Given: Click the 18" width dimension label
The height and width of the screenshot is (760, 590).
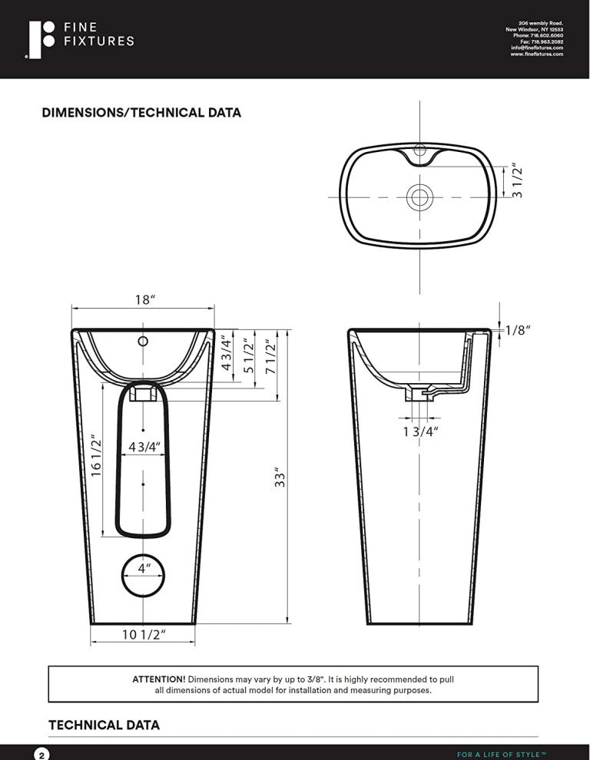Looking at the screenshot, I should pos(143,300).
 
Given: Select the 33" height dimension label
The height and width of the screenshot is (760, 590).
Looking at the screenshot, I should pos(281,477).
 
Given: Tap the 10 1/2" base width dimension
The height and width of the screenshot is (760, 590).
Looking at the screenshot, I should pos(144,634).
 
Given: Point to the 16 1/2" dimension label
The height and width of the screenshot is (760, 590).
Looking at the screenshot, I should pos(96,456).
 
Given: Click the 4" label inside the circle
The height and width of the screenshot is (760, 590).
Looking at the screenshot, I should pos(143,569).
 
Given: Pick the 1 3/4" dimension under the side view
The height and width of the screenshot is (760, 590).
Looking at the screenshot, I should pos(420,431).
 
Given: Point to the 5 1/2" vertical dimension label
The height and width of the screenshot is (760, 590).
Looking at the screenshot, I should pos(247,355).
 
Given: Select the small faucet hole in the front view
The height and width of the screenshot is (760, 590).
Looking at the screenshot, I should pos(143,340).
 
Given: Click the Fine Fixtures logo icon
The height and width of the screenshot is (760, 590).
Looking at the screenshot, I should pos(41,40).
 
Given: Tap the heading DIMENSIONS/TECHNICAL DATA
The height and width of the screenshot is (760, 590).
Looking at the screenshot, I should pos(141,113).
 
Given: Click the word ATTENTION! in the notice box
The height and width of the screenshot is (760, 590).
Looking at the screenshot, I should pos(159,679).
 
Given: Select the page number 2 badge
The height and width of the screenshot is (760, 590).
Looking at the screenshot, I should pos(41,754).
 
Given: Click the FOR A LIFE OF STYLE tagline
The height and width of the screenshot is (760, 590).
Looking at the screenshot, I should pos(501,755).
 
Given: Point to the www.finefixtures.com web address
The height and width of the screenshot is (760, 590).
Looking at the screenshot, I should pos(536,54).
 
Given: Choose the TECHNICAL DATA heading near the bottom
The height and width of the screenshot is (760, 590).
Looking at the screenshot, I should pos(104,725).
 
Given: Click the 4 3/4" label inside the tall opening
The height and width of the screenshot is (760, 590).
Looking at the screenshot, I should pos(143,447).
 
